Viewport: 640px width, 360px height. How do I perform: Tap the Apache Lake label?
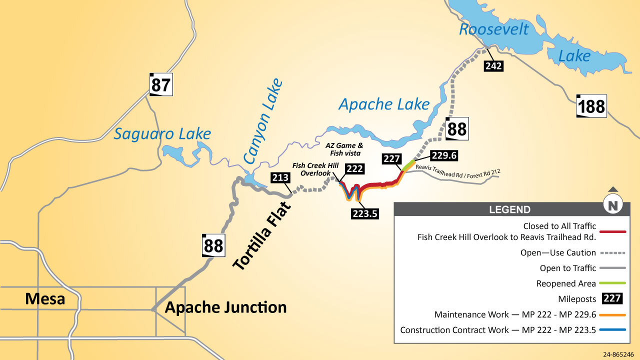pyautogui.click(x=384, y=104)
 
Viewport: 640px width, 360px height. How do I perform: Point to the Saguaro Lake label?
pyautogui.click(x=162, y=134)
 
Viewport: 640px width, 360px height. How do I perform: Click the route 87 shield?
pyautogui.click(x=161, y=85)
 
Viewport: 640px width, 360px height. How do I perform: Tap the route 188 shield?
pyautogui.click(x=591, y=106)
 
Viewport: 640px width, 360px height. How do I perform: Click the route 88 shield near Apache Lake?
pyautogui.click(x=456, y=129)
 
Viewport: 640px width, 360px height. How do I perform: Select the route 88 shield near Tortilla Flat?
pyautogui.click(x=213, y=245)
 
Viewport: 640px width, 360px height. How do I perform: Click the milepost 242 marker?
pyautogui.click(x=493, y=65)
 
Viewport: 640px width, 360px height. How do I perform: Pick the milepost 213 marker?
pyautogui.click(x=280, y=177)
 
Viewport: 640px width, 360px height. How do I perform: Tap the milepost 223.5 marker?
pyautogui.click(x=364, y=213)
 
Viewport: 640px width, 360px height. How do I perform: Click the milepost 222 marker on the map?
pyautogui.click(x=354, y=168)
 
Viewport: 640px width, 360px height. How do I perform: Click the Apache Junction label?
pyautogui.click(x=226, y=307)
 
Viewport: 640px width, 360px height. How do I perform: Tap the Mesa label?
pyautogui.click(x=45, y=299)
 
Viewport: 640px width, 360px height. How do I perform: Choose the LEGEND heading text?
pyautogui.click(x=509, y=210)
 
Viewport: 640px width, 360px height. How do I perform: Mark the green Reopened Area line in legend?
pyautogui.click(x=612, y=283)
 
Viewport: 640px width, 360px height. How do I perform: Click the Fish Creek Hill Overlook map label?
pyautogui.click(x=315, y=169)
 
